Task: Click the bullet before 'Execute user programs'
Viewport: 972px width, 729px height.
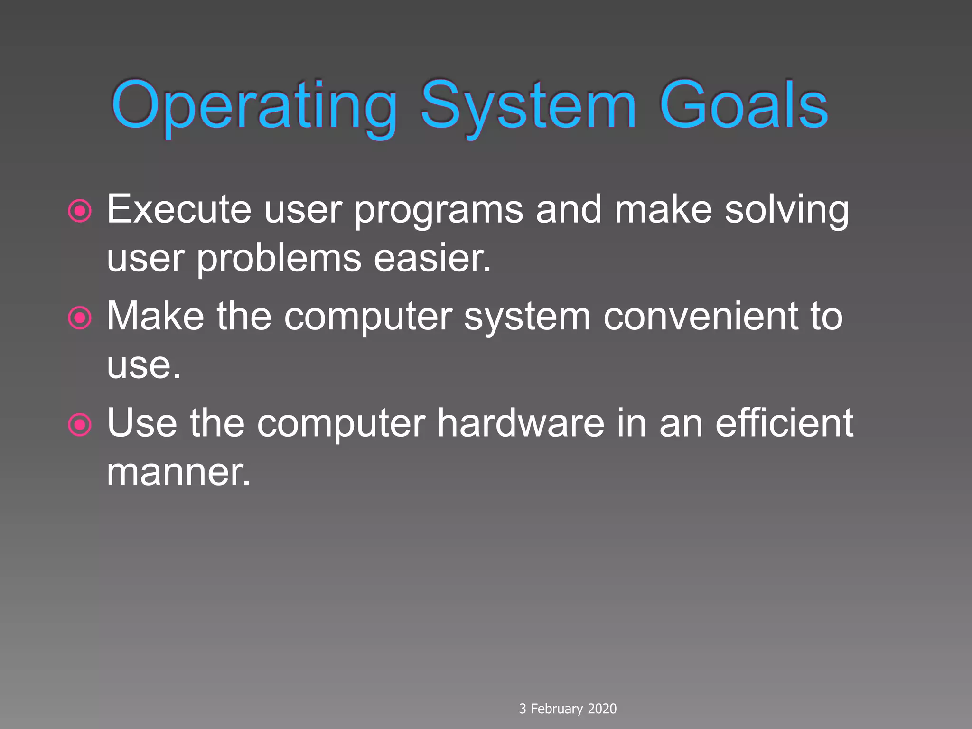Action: [x=80, y=211]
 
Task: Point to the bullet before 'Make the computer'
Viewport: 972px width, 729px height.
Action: [x=80, y=318]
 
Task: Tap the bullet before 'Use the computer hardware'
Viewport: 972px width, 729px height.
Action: [x=80, y=424]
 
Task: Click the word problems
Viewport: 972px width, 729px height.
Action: [x=279, y=260]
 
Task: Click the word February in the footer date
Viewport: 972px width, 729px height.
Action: [x=556, y=709]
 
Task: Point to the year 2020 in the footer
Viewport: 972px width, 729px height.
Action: [x=602, y=709]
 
